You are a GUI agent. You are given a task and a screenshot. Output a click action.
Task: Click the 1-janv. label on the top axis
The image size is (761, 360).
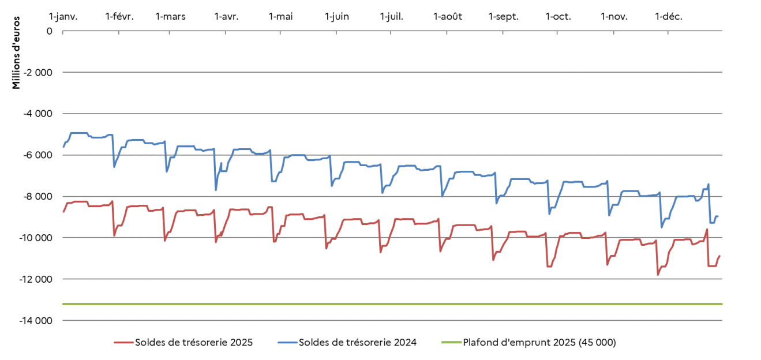pyautogui.click(x=63, y=16)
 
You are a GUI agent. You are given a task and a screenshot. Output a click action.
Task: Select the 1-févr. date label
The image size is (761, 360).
pyautogui.click(x=119, y=16)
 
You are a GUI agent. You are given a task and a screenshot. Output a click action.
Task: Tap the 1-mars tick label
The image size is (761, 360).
pyautogui.click(x=170, y=16)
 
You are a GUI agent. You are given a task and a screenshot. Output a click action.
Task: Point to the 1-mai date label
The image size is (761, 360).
pyautogui.click(x=280, y=16)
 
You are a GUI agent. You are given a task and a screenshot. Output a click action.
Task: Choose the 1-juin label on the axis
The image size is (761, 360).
pyautogui.click(x=336, y=16)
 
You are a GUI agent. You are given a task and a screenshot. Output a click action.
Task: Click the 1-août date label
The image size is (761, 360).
pyautogui.click(x=448, y=16)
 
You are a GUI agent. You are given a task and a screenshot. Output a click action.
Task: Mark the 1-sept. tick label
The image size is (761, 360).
pyautogui.click(x=503, y=16)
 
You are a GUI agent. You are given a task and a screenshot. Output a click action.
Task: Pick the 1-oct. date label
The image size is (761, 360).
pyautogui.click(x=558, y=16)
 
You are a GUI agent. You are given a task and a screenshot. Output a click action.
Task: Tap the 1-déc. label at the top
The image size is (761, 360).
pyautogui.click(x=669, y=16)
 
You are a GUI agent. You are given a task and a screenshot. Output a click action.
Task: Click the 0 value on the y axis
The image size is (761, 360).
pyautogui.click(x=50, y=31)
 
